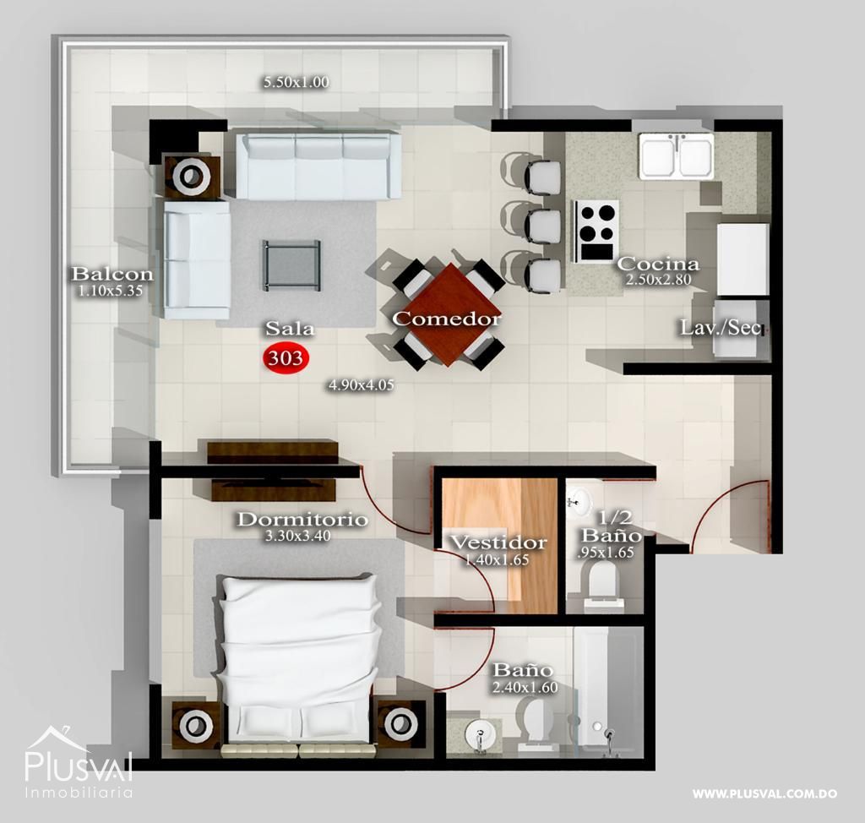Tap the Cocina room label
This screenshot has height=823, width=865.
657,264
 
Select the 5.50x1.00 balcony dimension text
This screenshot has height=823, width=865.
296,82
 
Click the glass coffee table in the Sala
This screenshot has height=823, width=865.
291,264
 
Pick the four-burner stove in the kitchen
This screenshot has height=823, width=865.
596,230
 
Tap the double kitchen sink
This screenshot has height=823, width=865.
676,156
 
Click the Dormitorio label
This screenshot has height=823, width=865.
302,520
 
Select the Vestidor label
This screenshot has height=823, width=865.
498,542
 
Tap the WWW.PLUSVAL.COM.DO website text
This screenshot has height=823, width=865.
764,794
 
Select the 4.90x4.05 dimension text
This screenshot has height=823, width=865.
362,384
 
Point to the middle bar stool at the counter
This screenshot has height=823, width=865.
541,226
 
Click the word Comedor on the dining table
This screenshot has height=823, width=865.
446,319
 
